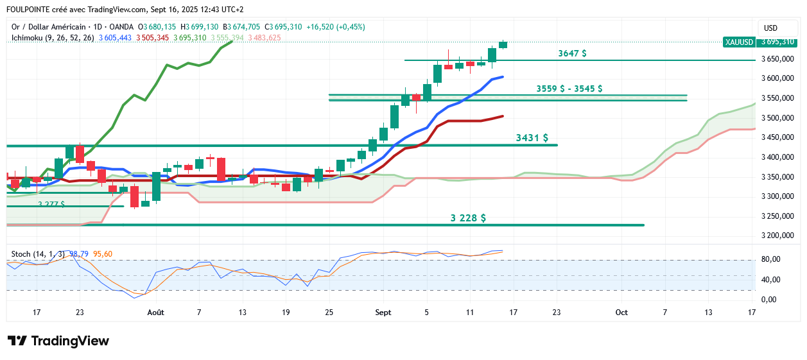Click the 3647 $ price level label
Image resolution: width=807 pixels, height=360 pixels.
coord(572,54)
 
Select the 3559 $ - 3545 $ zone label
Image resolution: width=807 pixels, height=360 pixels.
coord(569,89)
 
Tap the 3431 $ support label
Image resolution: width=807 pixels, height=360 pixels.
coord(532,138)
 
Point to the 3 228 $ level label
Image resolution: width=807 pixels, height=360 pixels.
coord(468,218)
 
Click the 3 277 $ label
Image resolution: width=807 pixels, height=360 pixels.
coord(51,204)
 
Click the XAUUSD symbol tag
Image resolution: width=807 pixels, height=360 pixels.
coord(738,42)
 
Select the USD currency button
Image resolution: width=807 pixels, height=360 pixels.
coord(770,28)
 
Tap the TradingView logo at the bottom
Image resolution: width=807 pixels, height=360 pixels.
coord(58,341)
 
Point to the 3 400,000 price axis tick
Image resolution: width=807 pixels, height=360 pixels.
coord(778,157)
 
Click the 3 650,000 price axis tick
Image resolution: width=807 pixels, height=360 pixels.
coord(778,59)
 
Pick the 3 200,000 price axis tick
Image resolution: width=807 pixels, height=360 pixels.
coord(778,236)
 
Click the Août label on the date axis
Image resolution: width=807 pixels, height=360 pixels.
coord(155,312)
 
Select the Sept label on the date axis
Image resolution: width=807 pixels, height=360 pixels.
coord(383,312)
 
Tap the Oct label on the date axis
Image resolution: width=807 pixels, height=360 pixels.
coord(621,312)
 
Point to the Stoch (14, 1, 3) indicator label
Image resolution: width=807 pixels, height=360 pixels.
coord(36,254)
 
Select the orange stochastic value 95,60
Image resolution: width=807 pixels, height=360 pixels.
coord(103,254)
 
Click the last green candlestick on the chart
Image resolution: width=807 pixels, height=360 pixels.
coord(503,44)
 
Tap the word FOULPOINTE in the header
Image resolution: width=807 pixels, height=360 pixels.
coord(30,10)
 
